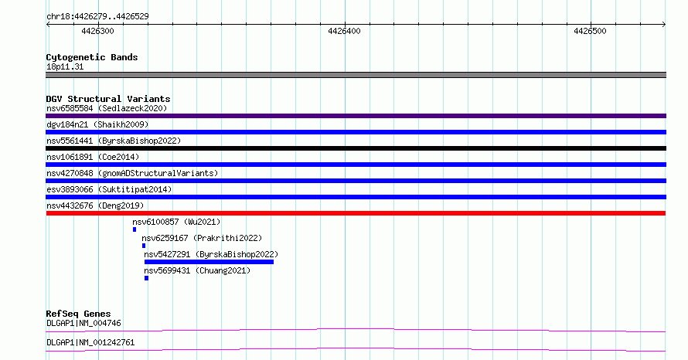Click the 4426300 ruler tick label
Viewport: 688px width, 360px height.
97,31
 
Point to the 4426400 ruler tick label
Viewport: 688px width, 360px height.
344,31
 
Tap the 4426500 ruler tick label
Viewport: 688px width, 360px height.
590,31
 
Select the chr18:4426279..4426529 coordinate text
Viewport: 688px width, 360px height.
97,17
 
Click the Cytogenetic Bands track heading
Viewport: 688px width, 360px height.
92,57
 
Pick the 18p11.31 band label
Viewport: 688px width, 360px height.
65,66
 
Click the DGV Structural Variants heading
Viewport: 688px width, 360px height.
108,99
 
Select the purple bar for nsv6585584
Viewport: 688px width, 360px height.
356,116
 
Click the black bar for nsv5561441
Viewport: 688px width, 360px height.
356,148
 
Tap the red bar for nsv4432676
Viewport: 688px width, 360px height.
356,213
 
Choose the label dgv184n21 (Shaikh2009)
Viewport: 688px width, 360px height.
97,124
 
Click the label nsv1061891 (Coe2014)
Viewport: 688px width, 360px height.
93,157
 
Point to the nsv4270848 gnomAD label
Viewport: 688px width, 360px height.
132,173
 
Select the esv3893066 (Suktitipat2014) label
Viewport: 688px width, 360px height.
109,189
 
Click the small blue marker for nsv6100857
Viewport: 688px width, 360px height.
135,229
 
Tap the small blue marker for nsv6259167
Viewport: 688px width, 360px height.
144,246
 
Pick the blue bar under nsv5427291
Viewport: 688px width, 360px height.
209,262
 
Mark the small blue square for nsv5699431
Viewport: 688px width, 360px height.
146,278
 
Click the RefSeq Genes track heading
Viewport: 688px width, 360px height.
78,314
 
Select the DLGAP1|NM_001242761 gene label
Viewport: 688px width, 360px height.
90,342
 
